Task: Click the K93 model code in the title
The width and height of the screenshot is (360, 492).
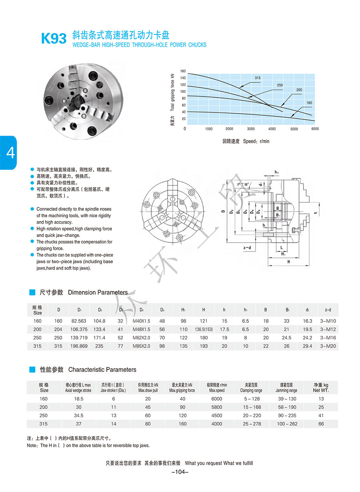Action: (54, 39)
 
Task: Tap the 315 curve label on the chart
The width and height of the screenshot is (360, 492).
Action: (257, 77)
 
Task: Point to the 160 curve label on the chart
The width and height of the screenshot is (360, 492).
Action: (309, 103)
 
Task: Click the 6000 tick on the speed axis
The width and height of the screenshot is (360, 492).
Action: (315, 129)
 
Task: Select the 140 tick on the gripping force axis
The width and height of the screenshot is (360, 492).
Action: (183, 78)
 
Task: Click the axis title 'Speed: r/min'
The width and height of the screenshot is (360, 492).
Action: (256, 141)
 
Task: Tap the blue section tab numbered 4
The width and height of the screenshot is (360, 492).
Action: (9, 153)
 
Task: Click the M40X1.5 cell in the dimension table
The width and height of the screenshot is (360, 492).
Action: (141, 321)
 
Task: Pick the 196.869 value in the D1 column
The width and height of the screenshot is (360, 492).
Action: (79, 346)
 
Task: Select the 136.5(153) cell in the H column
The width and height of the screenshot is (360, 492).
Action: (204, 329)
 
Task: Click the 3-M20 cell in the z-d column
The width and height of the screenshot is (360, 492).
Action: (328, 346)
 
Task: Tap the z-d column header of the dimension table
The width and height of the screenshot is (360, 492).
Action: (328, 310)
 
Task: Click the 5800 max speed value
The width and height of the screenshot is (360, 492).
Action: (216, 407)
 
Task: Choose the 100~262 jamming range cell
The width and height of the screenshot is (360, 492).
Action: (287, 424)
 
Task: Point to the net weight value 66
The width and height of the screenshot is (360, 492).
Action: (321, 424)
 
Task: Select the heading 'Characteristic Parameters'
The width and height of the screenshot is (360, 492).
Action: (102, 370)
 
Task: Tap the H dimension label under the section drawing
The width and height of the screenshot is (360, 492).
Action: (288, 261)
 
